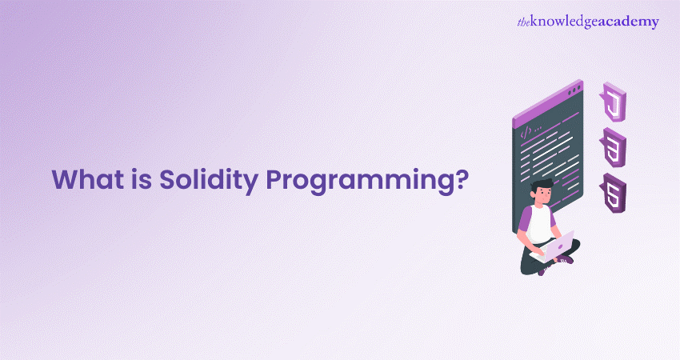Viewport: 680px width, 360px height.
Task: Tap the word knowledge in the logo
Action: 564,22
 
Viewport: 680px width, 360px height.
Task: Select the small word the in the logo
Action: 524,22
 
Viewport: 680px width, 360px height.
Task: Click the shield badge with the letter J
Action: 613,102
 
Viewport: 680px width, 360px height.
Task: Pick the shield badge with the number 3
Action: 613,147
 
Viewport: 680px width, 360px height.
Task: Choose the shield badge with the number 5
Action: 613,193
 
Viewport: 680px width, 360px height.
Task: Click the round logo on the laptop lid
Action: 560,246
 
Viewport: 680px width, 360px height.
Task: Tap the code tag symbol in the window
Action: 526,132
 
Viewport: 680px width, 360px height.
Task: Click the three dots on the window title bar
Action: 574,90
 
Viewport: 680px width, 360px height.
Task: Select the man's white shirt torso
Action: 541,222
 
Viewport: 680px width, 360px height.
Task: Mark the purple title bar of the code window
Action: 548,104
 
